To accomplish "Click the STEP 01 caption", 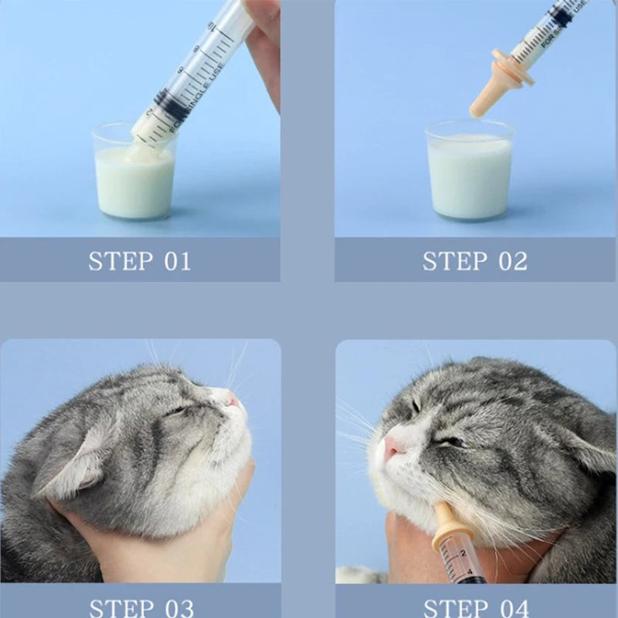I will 139,260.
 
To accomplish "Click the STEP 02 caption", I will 474,260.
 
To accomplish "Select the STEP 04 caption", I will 474,606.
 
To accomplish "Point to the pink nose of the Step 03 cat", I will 233,401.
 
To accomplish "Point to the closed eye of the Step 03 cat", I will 179,409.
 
